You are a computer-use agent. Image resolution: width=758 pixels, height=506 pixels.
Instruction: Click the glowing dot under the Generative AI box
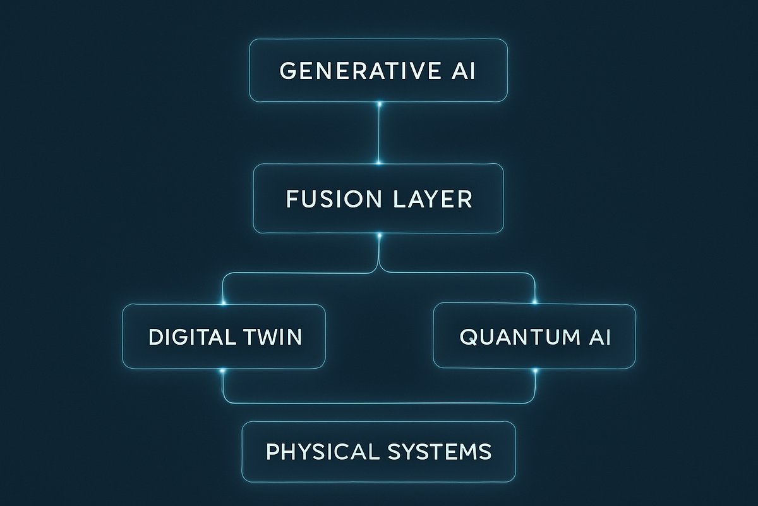click(x=379, y=102)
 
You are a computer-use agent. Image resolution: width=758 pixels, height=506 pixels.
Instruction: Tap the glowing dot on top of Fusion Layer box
click(x=379, y=163)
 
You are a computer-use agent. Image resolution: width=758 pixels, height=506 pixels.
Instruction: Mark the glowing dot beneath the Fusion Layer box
click(x=379, y=235)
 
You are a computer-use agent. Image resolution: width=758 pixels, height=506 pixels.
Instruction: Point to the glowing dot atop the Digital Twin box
click(x=224, y=303)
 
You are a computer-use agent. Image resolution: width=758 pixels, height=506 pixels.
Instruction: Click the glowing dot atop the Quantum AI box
click(x=535, y=302)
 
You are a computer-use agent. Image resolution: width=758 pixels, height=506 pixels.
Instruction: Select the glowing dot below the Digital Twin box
click(x=223, y=371)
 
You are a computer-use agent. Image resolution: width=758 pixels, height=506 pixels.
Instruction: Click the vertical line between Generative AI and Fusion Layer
click(x=379, y=133)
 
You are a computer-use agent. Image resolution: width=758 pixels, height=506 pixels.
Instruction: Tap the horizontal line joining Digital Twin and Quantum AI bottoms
click(x=379, y=402)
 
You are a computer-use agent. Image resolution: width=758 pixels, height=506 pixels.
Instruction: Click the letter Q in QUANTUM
click(x=468, y=337)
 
